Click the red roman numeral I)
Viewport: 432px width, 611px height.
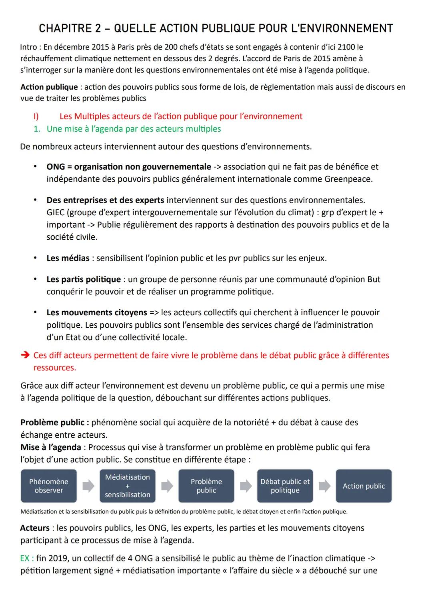point(36,116)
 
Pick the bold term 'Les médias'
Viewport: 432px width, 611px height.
point(68,258)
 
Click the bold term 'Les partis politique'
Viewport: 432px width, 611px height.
point(83,279)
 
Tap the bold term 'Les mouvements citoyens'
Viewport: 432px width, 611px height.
point(96,313)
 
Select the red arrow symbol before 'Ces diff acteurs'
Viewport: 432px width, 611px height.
point(25,355)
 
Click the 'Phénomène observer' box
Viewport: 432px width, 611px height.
point(49,486)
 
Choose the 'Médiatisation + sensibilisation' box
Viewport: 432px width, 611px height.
point(127,486)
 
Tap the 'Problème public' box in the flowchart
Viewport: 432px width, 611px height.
point(206,486)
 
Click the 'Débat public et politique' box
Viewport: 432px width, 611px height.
point(285,486)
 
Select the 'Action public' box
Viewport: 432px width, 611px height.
point(364,486)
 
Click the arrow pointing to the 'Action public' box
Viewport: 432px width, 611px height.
point(324,486)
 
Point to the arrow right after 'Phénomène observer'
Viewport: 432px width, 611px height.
point(88,486)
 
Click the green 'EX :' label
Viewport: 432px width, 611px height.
point(27,558)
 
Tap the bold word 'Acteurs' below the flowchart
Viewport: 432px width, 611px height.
point(35,528)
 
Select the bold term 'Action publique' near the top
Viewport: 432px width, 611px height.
point(49,87)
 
